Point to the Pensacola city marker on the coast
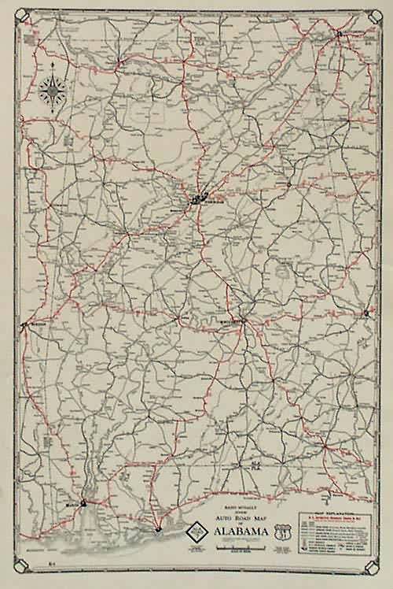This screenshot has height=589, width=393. (158, 529)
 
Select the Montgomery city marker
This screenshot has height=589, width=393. (243, 320)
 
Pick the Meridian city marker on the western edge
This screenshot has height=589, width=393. (25, 323)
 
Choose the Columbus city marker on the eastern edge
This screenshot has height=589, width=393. (366, 314)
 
